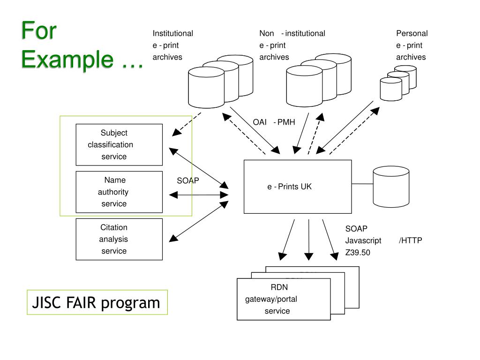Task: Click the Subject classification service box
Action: click(119, 144)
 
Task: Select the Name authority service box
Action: click(119, 192)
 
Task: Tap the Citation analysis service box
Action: click(119, 239)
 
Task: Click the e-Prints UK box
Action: click(297, 187)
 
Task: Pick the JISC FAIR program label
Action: click(97, 302)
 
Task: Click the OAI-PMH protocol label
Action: click(274, 122)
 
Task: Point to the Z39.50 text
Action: click(358, 253)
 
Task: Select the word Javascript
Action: click(363, 240)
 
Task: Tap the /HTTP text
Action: click(411, 240)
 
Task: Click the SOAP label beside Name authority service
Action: click(188, 180)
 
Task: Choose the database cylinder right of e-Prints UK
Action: click(391, 187)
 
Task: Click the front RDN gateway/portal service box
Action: click(284, 299)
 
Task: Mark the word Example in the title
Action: click(68, 60)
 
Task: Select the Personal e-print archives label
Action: click(412, 45)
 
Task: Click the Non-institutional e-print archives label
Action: click(292, 45)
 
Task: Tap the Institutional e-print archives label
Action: click(172, 45)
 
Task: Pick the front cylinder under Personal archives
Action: click(390, 90)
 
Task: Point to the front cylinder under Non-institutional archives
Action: click(304, 87)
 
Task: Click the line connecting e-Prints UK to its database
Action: click(362, 184)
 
